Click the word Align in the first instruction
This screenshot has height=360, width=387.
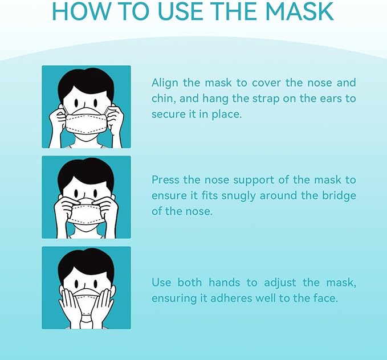click(x=165, y=83)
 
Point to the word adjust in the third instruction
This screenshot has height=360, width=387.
click(x=283, y=283)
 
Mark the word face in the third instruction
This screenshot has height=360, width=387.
click(x=325, y=298)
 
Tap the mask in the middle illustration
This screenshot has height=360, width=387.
click(x=86, y=214)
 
